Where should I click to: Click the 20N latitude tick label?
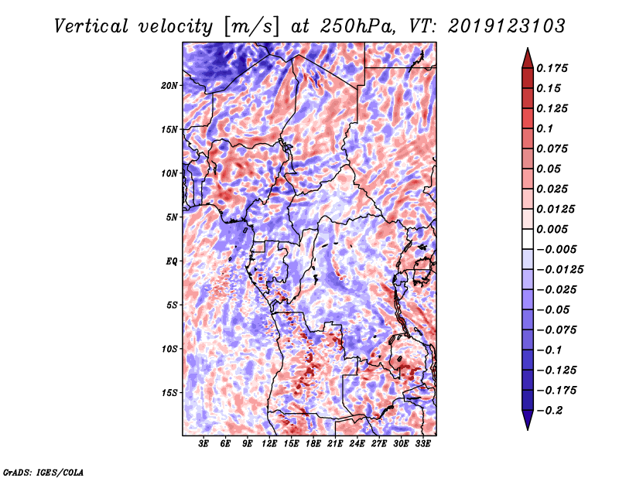coord(169,86)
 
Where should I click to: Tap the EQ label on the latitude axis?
coord(172,261)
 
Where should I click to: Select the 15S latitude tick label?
coord(169,393)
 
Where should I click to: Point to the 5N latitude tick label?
coord(172,217)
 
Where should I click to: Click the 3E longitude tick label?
coord(203,444)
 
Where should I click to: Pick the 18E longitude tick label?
coord(313,444)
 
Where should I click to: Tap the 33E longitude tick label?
coord(422,444)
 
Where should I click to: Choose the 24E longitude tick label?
coord(357,444)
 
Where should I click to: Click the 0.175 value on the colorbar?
coord(552,68)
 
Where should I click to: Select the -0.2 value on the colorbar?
coord(549,411)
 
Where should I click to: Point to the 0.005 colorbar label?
coord(552,229)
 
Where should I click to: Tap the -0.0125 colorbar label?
coord(559,270)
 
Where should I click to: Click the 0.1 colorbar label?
coord(545,128)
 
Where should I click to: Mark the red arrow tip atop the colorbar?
coord(528,49)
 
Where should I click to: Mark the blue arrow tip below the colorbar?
coord(528,429)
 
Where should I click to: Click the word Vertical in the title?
coord(91,26)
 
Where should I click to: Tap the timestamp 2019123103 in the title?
coord(507,26)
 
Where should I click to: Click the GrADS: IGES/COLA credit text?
coord(43,473)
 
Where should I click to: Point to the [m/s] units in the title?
coord(251,26)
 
